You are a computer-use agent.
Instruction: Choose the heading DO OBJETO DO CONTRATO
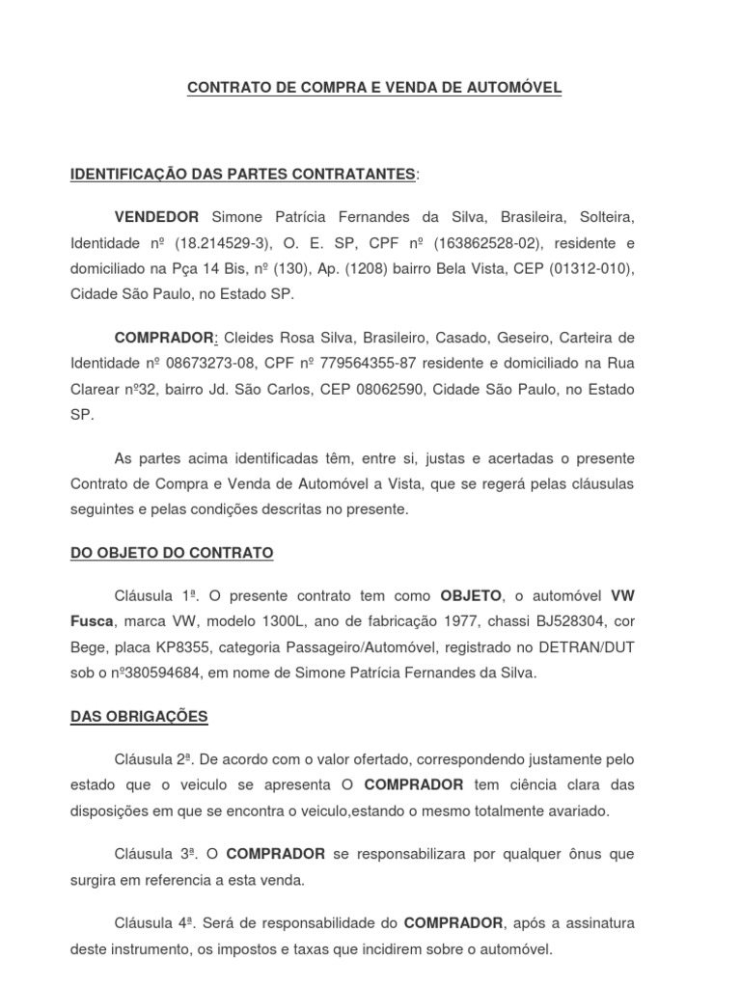click(x=172, y=553)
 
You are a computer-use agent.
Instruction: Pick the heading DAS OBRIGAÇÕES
click(x=139, y=717)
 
